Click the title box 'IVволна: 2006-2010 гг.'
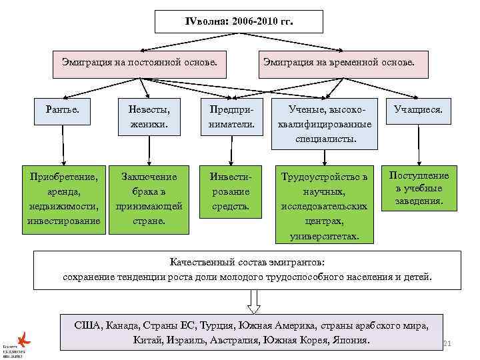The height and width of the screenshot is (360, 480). [x=239, y=21]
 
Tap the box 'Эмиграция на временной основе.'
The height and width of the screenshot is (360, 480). [x=337, y=63]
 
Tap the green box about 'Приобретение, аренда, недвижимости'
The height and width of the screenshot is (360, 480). [x=64, y=199]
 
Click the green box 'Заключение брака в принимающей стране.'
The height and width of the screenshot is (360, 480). [x=149, y=199]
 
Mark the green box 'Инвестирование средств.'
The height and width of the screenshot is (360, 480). [x=231, y=191]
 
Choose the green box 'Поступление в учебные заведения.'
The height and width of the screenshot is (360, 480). [x=419, y=188]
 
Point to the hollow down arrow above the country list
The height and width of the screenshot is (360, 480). [x=253, y=303]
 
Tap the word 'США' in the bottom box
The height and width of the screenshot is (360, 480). [x=87, y=325]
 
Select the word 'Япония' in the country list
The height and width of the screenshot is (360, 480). [x=350, y=340]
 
